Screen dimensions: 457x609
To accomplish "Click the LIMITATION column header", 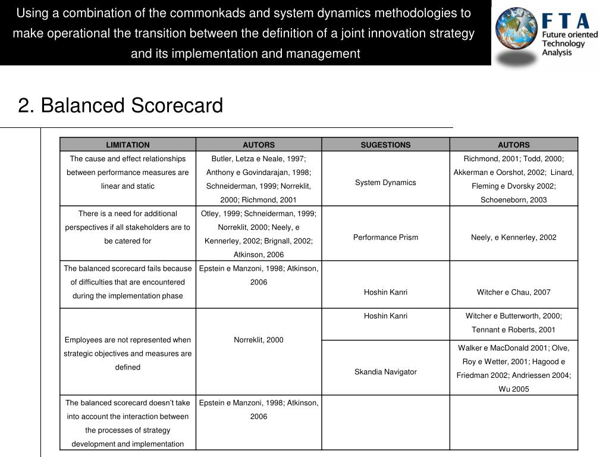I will [128, 145].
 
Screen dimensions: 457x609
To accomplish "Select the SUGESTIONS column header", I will [385, 145].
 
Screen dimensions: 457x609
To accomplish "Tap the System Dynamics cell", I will [385, 182].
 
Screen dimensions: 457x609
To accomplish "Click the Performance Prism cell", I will [385, 237].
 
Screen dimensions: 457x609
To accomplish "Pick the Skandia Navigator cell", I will [385, 372].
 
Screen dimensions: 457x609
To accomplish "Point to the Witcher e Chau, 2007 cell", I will [514, 292].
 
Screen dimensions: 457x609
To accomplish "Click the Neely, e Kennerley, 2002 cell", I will [514, 237].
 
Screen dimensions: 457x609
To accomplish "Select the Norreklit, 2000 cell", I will [259, 340].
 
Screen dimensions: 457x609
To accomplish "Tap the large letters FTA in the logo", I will [566, 21].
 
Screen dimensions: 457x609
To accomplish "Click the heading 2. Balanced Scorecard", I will [121, 105].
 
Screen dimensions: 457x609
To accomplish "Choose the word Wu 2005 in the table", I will [514, 389].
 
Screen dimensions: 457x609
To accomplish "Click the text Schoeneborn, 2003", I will [514, 200].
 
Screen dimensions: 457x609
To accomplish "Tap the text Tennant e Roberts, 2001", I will [514, 330].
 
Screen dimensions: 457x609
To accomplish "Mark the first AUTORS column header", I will [259, 145].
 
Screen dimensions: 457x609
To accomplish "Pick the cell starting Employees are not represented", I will [128, 353].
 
